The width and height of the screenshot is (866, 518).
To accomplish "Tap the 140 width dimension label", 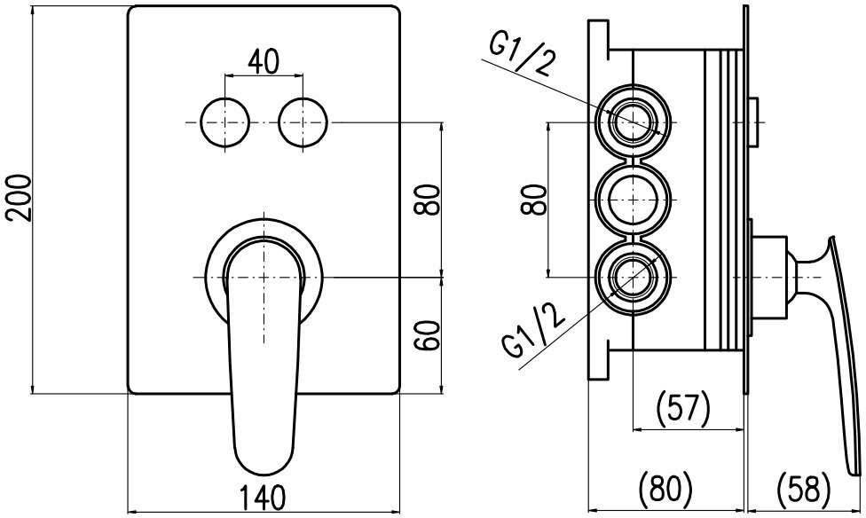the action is pyautogui.click(x=263, y=497).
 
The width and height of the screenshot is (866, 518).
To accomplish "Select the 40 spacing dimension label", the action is pyautogui.click(x=264, y=62).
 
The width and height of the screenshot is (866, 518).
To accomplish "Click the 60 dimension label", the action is pyautogui.click(x=428, y=334).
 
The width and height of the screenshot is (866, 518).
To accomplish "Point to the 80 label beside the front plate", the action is pyautogui.click(x=428, y=200).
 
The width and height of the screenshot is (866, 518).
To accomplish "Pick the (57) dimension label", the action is pyautogui.click(x=682, y=408).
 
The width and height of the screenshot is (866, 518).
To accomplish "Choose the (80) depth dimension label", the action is pyautogui.click(x=665, y=488).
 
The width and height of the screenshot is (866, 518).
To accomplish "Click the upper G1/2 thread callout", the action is pyautogui.click(x=521, y=57).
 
